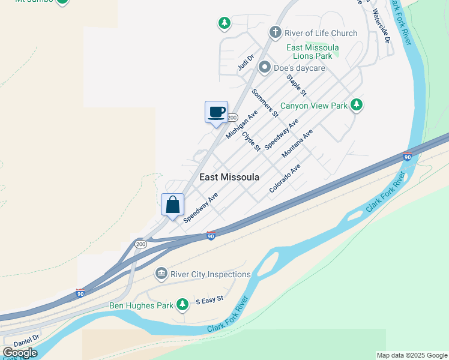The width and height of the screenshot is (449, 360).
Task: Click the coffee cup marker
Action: tap(216, 112)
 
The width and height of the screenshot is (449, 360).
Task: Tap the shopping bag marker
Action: tap(173, 205)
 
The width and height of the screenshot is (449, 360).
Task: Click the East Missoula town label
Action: tap(229, 177)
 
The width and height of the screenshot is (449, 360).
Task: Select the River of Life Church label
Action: tap(322, 33)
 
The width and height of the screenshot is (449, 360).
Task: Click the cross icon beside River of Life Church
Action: tap(275, 32)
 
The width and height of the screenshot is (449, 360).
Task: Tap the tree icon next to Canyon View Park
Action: tap(357, 105)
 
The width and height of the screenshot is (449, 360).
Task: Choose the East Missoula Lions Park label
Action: tap(312, 52)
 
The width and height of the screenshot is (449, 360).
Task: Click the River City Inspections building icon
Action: tap(161, 274)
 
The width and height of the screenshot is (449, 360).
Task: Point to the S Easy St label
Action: tap(209, 299)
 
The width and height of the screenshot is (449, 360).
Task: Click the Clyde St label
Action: tap(251, 141)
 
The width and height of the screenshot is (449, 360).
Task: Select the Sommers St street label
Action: tap(265, 103)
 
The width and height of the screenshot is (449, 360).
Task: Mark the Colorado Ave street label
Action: tap(285, 178)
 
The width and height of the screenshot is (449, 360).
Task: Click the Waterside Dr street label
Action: tap(381, 25)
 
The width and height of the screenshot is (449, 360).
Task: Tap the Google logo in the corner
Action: tap(20, 352)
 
